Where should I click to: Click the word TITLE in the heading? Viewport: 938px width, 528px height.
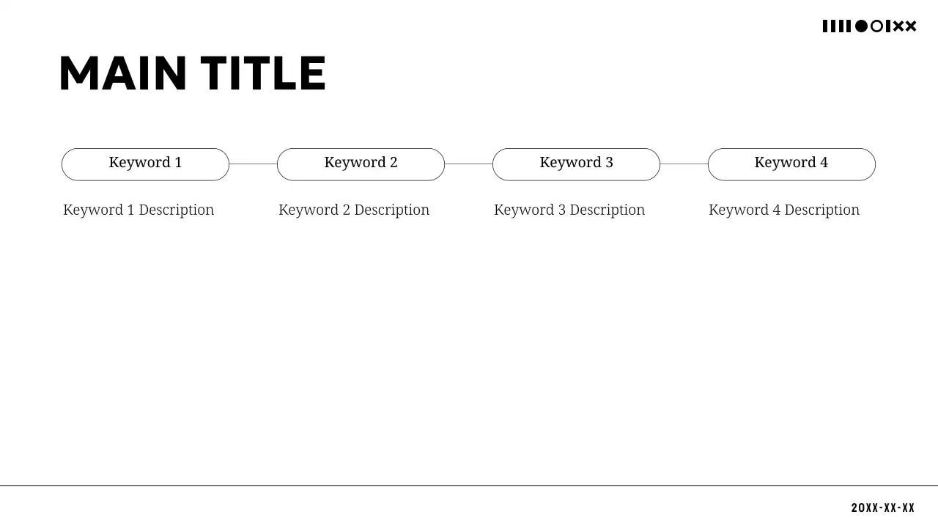pyautogui.click(x=263, y=74)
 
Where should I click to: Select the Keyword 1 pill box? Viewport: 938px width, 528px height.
pyautogui.click(x=145, y=164)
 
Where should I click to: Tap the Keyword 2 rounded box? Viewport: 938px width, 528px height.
pyautogui.click(x=361, y=164)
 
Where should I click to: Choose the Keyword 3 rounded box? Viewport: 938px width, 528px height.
pyautogui.click(x=576, y=164)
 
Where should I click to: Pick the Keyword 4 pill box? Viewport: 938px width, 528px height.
pyautogui.click(x=791, y=164)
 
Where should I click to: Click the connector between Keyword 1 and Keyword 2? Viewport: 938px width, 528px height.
pyautogui.click(x=253, y=164)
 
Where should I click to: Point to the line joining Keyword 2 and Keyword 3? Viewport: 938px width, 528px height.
pyautogui.click(x=468, y=164)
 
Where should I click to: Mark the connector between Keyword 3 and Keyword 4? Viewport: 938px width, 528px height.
pyautogui.click(x=684, y=164)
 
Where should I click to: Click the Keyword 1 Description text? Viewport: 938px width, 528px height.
pyautogui.click(x=139, y=210)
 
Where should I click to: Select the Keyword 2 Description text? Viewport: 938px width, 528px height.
pyautogui.click(x=354, y=210)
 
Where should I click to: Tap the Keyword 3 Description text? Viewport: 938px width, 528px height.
pyautogui.click(x=569, y=210)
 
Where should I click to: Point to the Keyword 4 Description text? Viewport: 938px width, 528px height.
pyautogui.click(x=784, y=210)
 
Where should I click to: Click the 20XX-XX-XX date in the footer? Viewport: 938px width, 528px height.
pyautogui.click(x=883, y=507)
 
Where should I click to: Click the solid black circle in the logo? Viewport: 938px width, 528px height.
pyautogui.click(x=861, y=26)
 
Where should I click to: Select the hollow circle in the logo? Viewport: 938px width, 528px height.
pyautogui.click(x=876, y=26)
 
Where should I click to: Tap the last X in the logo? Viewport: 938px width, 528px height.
pyautogui.click(x=911, y=26)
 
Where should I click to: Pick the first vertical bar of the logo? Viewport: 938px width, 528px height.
pyautogui.click(x=825, y=26)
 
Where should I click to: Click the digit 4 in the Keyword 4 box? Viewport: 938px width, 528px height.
pyautogui.click(x=824, y=163)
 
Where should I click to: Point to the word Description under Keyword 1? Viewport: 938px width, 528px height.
pyautogui.click(x=176, y=210)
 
